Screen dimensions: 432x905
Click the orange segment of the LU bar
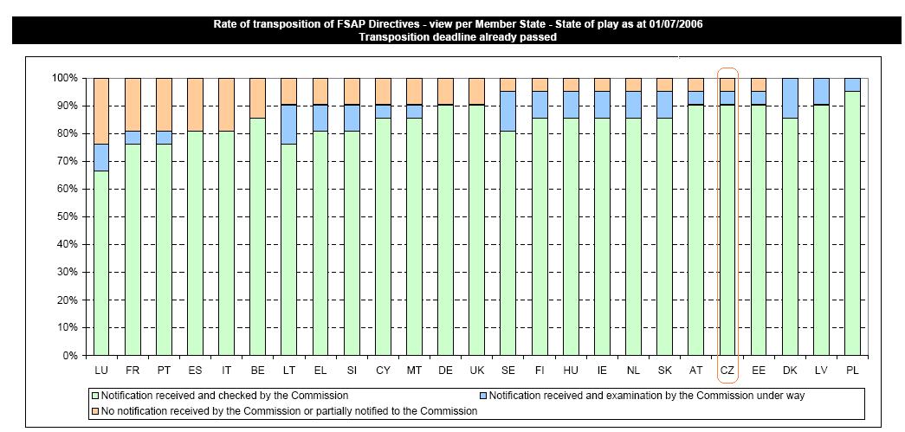click(101, 110)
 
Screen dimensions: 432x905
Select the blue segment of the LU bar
click(101, 157)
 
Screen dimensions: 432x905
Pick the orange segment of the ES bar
click(195, 104)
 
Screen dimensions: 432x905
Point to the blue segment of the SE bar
click(507, 111)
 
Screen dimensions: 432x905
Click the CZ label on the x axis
click(727, 370)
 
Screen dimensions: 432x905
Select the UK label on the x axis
click(476, 370)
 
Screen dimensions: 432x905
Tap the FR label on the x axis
click(133, 370)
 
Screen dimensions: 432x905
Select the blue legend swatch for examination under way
click(483, 396)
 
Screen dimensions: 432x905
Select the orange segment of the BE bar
click(257, 97)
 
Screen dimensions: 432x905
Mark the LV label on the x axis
click(820, 370)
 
